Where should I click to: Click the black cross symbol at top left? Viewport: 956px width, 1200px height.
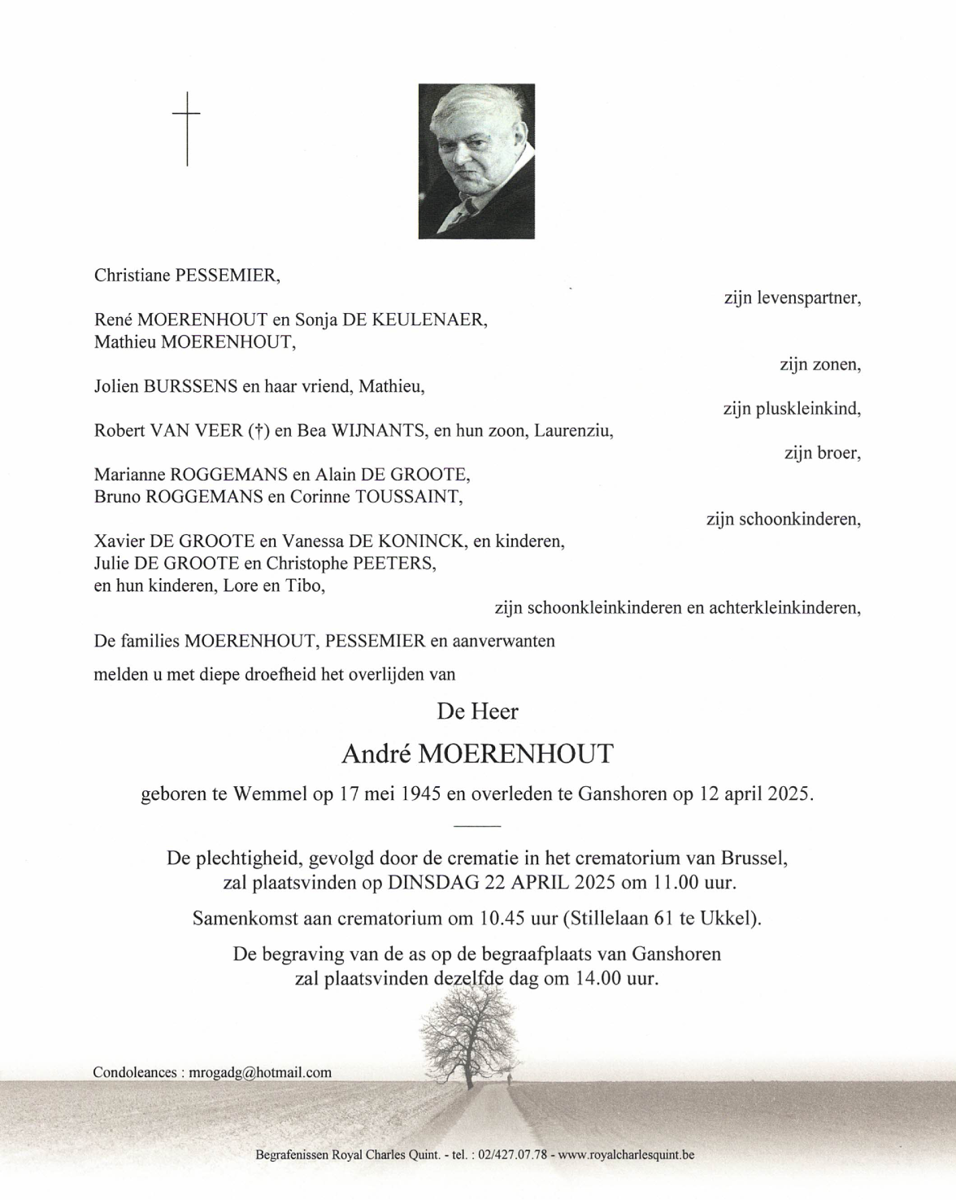(187, 128)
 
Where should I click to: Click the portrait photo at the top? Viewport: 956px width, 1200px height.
(476, 161)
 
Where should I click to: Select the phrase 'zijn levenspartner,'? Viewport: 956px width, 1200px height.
(792, 298)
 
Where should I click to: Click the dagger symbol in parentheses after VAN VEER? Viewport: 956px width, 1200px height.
(257, 431)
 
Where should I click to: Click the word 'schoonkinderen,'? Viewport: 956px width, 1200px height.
(799, 519)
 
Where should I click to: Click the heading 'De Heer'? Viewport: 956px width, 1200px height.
(477, 712)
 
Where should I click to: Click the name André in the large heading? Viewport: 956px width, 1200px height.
(376, 755)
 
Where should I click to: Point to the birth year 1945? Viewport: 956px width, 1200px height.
(421, 794)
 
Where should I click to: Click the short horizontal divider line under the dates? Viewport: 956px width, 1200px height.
(477, 826)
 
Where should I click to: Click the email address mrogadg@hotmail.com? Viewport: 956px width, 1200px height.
(260, 1072)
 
